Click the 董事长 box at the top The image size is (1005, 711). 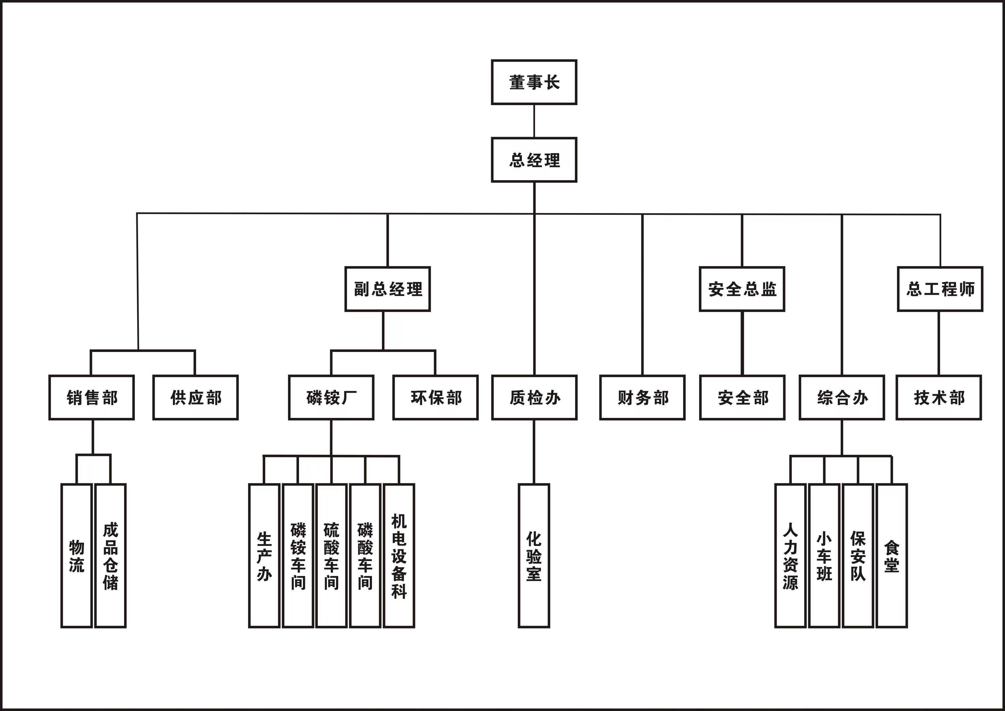[534, 82]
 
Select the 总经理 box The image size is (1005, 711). [534, 160]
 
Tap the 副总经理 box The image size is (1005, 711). [387, 289]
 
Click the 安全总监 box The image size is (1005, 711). [742, 289]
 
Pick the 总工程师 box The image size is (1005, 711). [940, 289]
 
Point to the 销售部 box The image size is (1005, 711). [91, 398]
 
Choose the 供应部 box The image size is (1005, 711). [196, 398]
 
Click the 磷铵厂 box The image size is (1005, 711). [331, 398]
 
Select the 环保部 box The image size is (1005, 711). [435, 398]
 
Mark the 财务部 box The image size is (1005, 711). [642, 398]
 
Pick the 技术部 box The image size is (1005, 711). [939, 398]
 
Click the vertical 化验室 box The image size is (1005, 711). [534, 556]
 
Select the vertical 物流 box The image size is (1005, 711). [77, 556]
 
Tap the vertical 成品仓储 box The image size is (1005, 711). [110, 556]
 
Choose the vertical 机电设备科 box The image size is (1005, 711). [399, 556]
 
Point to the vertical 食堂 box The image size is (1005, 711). [892, 556]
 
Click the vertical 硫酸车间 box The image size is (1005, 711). [331, 556]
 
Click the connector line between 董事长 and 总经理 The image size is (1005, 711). [534, 121]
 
